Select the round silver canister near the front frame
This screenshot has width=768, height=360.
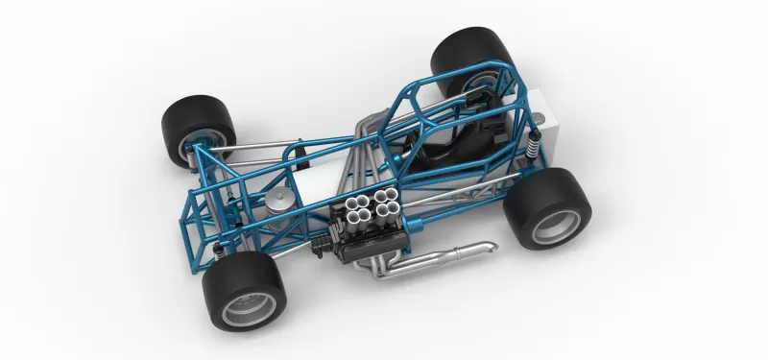pyautogui.click(x=279, y=196)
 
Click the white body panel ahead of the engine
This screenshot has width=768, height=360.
pyautogui.click(x=317, y=186)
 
